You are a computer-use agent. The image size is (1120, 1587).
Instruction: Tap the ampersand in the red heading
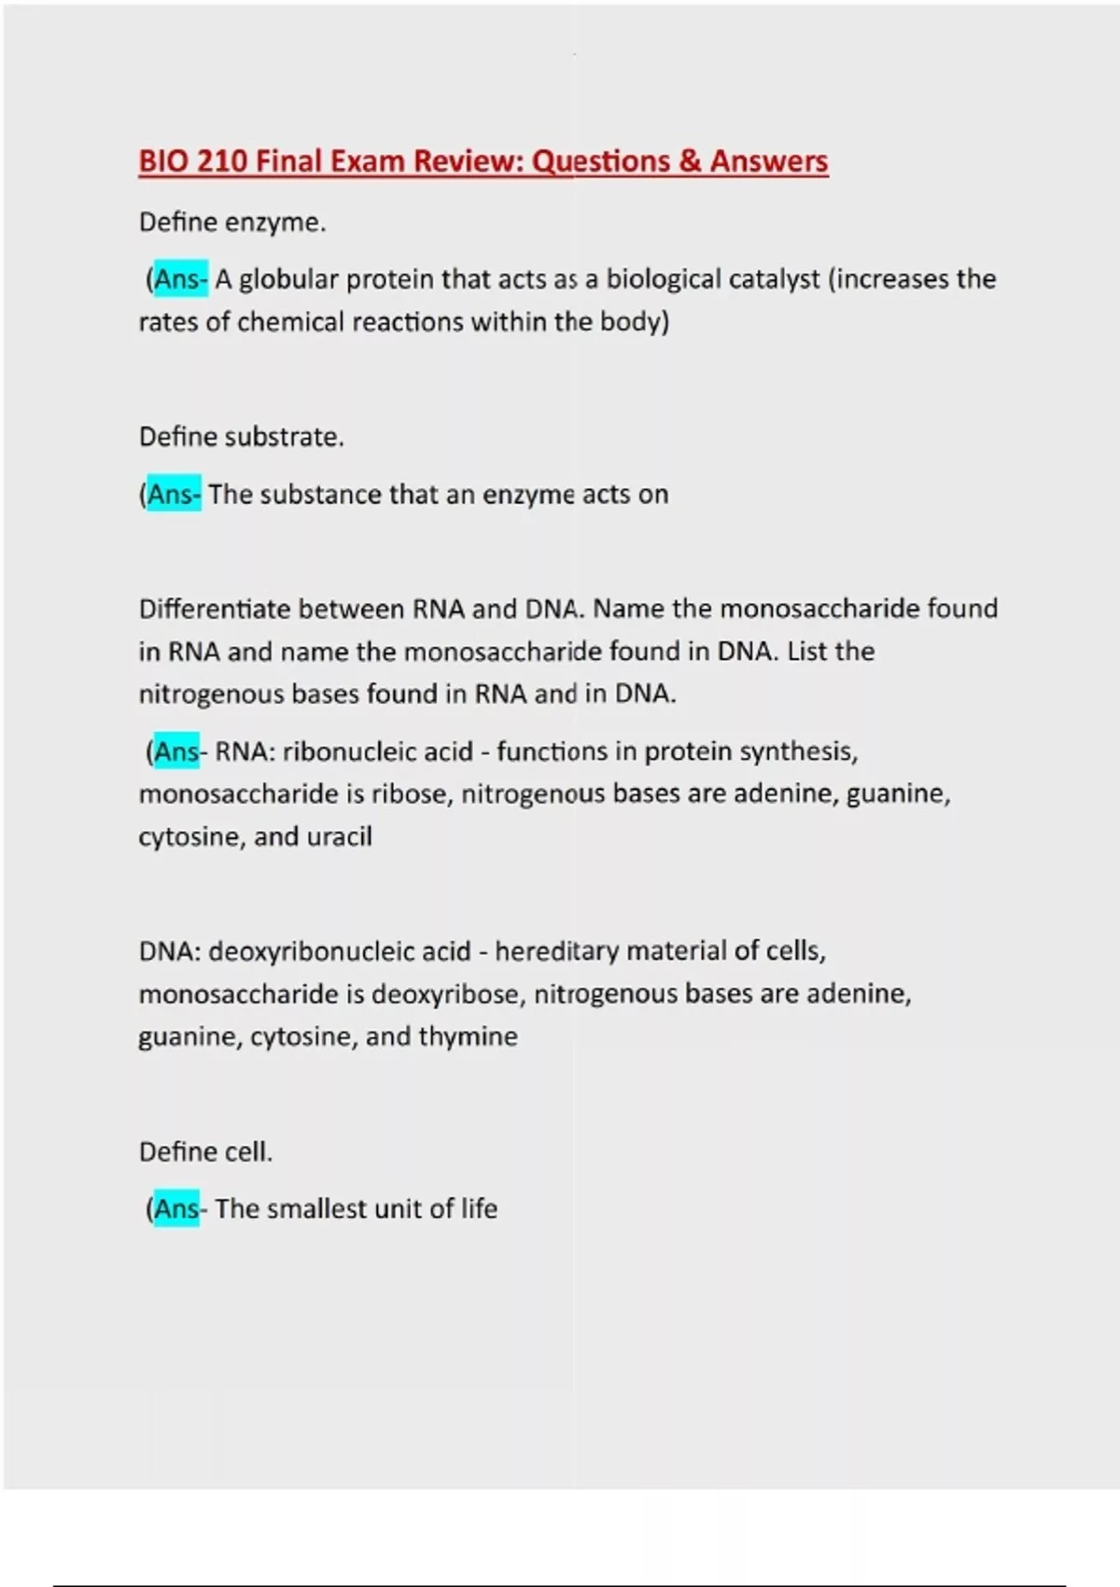point(691,162)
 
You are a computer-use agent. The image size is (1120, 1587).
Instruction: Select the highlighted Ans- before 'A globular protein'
point(180,279)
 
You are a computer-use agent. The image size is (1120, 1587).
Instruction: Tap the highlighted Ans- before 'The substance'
point(174,494)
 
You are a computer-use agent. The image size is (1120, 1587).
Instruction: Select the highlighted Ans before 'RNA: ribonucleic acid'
point(176,751)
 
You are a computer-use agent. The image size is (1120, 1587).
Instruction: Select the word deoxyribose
point(445,994)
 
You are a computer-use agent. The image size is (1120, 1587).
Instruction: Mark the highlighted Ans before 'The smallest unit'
point(176,1209)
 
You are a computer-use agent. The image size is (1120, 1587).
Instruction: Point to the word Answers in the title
point(769,162)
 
